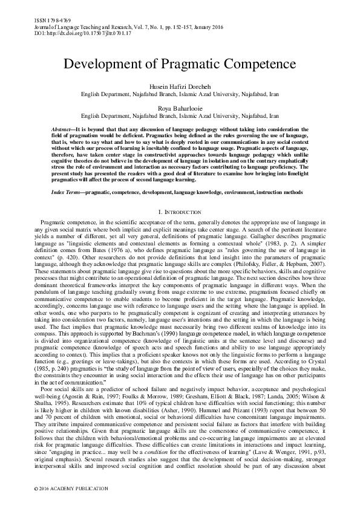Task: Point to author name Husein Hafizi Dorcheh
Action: click(x=180, y=86)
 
